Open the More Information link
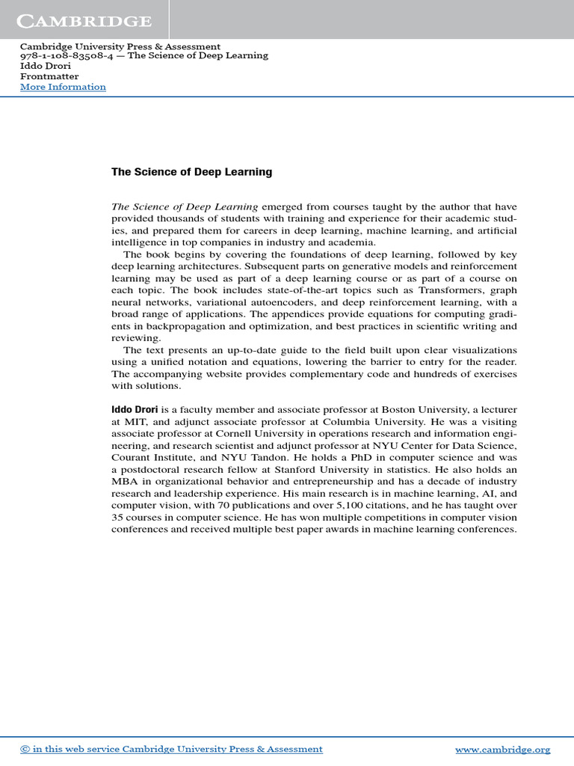(x=63, y=87)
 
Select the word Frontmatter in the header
(x=49, y=76)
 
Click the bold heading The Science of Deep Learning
(x=191, y=172)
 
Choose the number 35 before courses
(x=118, y=518)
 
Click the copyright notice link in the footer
(x=171, y=749)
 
